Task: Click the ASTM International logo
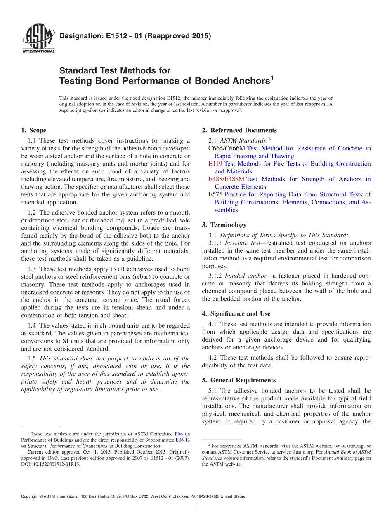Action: (38, 39)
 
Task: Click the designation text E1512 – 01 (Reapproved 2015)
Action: (135, 36)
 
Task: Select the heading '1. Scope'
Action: (34, 130)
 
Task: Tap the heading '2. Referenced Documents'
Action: (239, 130)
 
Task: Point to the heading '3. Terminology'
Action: (224, 225)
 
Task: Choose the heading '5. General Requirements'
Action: (239, 380)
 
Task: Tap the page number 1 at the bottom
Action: (196, 506)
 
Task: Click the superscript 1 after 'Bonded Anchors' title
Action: (272, 77)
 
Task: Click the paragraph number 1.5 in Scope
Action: (32, 358)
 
